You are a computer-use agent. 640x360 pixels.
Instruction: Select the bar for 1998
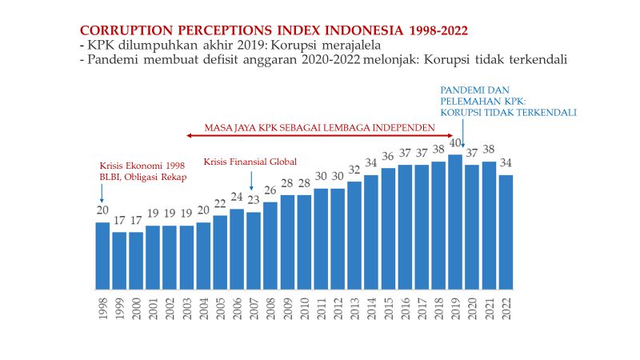[102, 255]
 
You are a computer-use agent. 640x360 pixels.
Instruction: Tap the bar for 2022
[506, 232]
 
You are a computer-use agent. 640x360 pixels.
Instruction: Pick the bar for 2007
[254, 250]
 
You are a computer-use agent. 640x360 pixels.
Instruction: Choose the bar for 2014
[371, 232]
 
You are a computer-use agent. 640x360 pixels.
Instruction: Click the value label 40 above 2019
[455, 143]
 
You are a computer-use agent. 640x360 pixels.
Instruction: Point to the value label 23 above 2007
[254, 201]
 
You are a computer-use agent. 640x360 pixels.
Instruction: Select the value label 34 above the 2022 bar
[506, 163]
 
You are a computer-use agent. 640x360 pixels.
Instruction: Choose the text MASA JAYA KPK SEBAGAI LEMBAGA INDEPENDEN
[319, 126]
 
